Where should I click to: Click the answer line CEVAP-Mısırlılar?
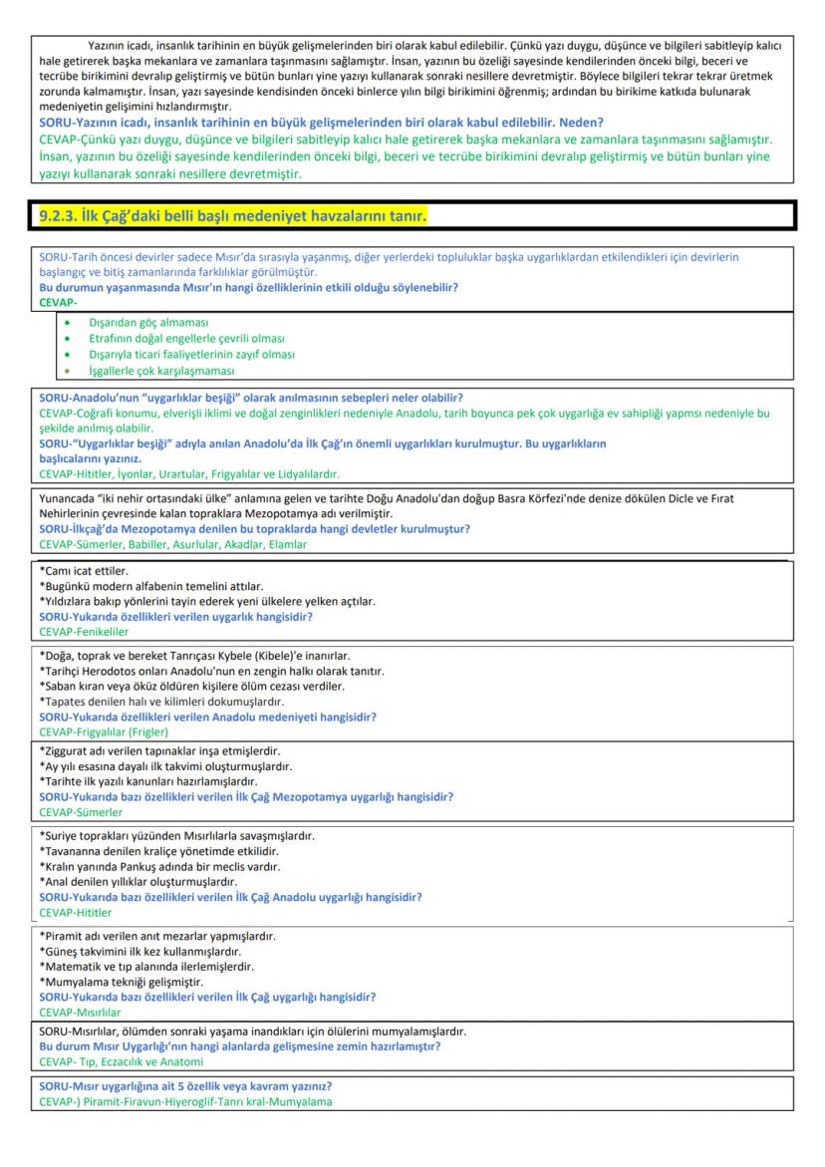point(73,1012)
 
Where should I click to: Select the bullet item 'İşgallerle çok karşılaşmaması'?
point(161,370)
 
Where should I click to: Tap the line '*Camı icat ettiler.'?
point(85,571)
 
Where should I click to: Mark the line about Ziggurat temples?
point(159,750)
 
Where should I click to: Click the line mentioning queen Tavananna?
point(158,851)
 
